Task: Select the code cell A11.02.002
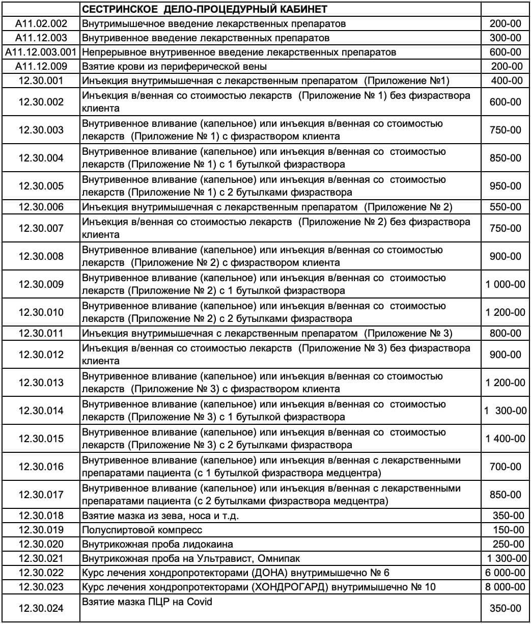click(41, 23)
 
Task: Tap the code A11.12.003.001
click(41, 52)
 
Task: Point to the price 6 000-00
click(506, 573)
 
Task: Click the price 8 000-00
click(506, 587)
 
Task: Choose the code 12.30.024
click(41, 608)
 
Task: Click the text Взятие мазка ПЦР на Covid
click(147, 602)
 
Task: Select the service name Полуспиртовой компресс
click(142, 530)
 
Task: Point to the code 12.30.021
click(41, 558)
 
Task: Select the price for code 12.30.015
click(506, 439)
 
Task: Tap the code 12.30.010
click(41, 312)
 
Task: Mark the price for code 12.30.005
click(506, 186)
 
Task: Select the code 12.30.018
click(41, 516)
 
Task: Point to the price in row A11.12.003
click(506, 38)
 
